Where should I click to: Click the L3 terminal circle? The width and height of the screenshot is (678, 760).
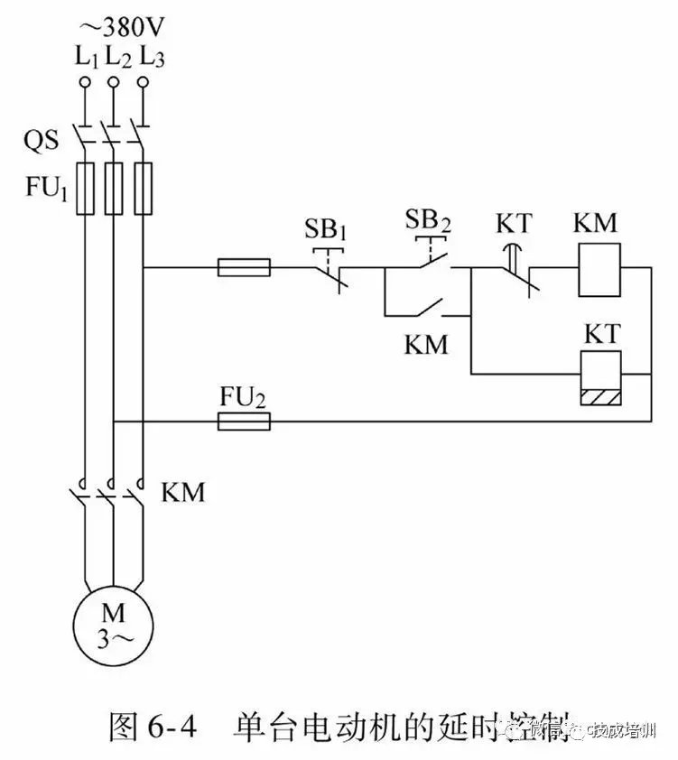coord(142,83)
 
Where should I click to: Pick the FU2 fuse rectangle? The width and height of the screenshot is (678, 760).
coord(244,421)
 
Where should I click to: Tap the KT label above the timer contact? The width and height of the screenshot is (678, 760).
coord(515,222)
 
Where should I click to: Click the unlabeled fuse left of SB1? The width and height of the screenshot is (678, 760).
coord(244,267)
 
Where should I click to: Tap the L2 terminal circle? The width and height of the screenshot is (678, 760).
coord(113,83)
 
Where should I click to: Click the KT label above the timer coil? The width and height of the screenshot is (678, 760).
coord(600,334)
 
